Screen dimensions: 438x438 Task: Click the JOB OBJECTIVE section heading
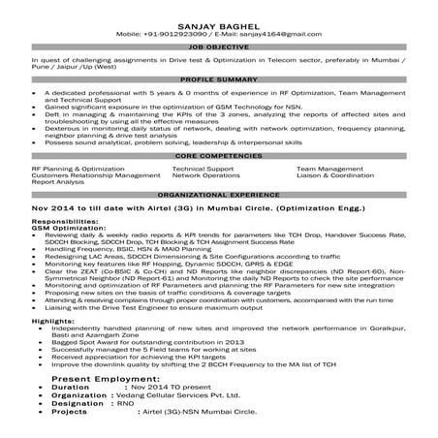219,46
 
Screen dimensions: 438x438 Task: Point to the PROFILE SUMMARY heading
219,78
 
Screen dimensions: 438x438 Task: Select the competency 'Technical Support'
202,168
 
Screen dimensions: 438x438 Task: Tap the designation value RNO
125,429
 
